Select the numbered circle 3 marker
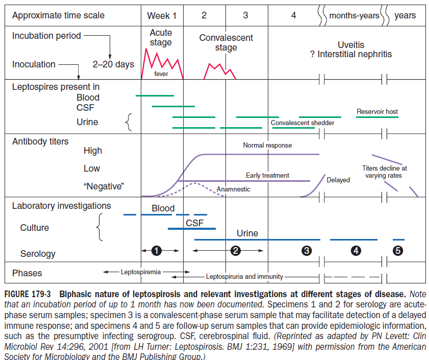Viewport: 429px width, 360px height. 307,251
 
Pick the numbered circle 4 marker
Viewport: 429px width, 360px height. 356,251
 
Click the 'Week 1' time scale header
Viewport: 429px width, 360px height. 162,15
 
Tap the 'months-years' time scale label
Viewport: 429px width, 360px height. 354,15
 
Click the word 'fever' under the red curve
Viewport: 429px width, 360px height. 161,74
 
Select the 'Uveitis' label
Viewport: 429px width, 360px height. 351,45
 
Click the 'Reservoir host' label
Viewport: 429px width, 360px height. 377,111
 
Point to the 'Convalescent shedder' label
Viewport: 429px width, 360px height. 302,123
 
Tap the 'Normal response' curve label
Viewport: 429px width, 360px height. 267,146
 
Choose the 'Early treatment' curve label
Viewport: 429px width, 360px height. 267,176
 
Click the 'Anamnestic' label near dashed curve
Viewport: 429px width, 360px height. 233,189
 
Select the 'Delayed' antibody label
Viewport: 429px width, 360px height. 338,180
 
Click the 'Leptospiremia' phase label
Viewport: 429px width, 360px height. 140,272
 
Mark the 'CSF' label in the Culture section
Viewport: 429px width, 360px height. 195,223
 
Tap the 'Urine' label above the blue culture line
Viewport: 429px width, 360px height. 247,233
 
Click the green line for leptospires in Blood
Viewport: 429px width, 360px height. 155,95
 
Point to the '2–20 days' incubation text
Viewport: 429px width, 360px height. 113,64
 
